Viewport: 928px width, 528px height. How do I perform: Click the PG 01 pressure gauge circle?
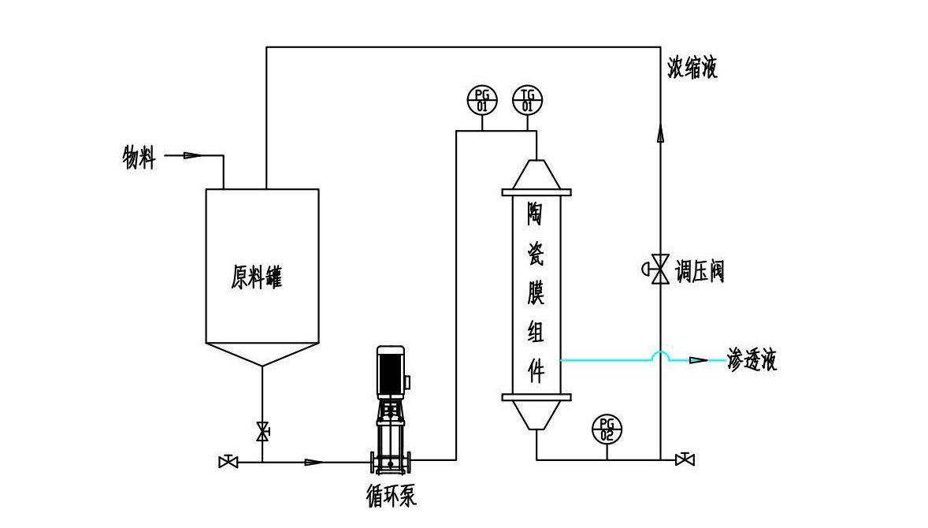click(482, 101)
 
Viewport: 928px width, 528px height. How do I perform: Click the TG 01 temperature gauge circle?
click(528, 101)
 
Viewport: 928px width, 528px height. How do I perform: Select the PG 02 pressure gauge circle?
click(607, 429)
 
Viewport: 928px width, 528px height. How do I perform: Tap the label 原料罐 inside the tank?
click(257, 278)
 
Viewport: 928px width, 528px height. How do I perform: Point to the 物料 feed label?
click(139, 158)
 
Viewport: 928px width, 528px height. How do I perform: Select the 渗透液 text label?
click(752, 361)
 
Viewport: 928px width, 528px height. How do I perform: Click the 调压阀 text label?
click(700, 272)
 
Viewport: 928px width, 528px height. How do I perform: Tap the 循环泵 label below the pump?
click(392, 497)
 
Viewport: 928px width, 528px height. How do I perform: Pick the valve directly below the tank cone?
click(262, 432)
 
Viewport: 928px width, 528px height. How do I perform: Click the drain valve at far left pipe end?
click(228, 461)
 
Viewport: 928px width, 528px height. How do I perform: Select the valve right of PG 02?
click(685, 459)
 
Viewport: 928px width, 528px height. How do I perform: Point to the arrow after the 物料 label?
click(191, 155)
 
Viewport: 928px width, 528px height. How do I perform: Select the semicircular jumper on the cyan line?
click(660, 356)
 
